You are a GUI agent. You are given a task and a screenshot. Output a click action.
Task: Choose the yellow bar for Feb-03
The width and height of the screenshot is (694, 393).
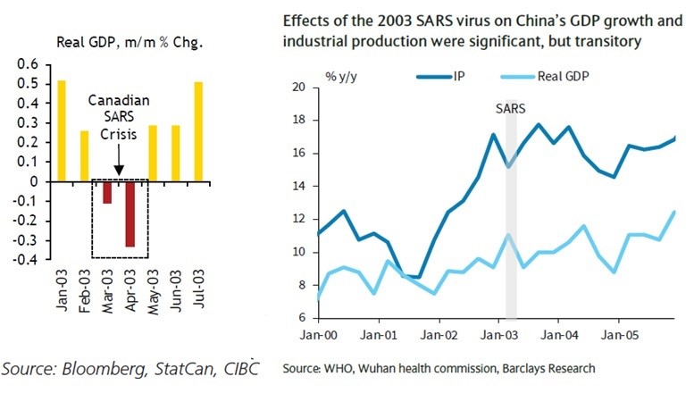point(83,156)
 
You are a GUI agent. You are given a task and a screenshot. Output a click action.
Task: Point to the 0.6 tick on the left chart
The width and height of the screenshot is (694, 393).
point(29,64)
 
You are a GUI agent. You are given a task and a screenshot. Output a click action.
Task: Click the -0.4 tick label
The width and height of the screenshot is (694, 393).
point(27,260)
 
